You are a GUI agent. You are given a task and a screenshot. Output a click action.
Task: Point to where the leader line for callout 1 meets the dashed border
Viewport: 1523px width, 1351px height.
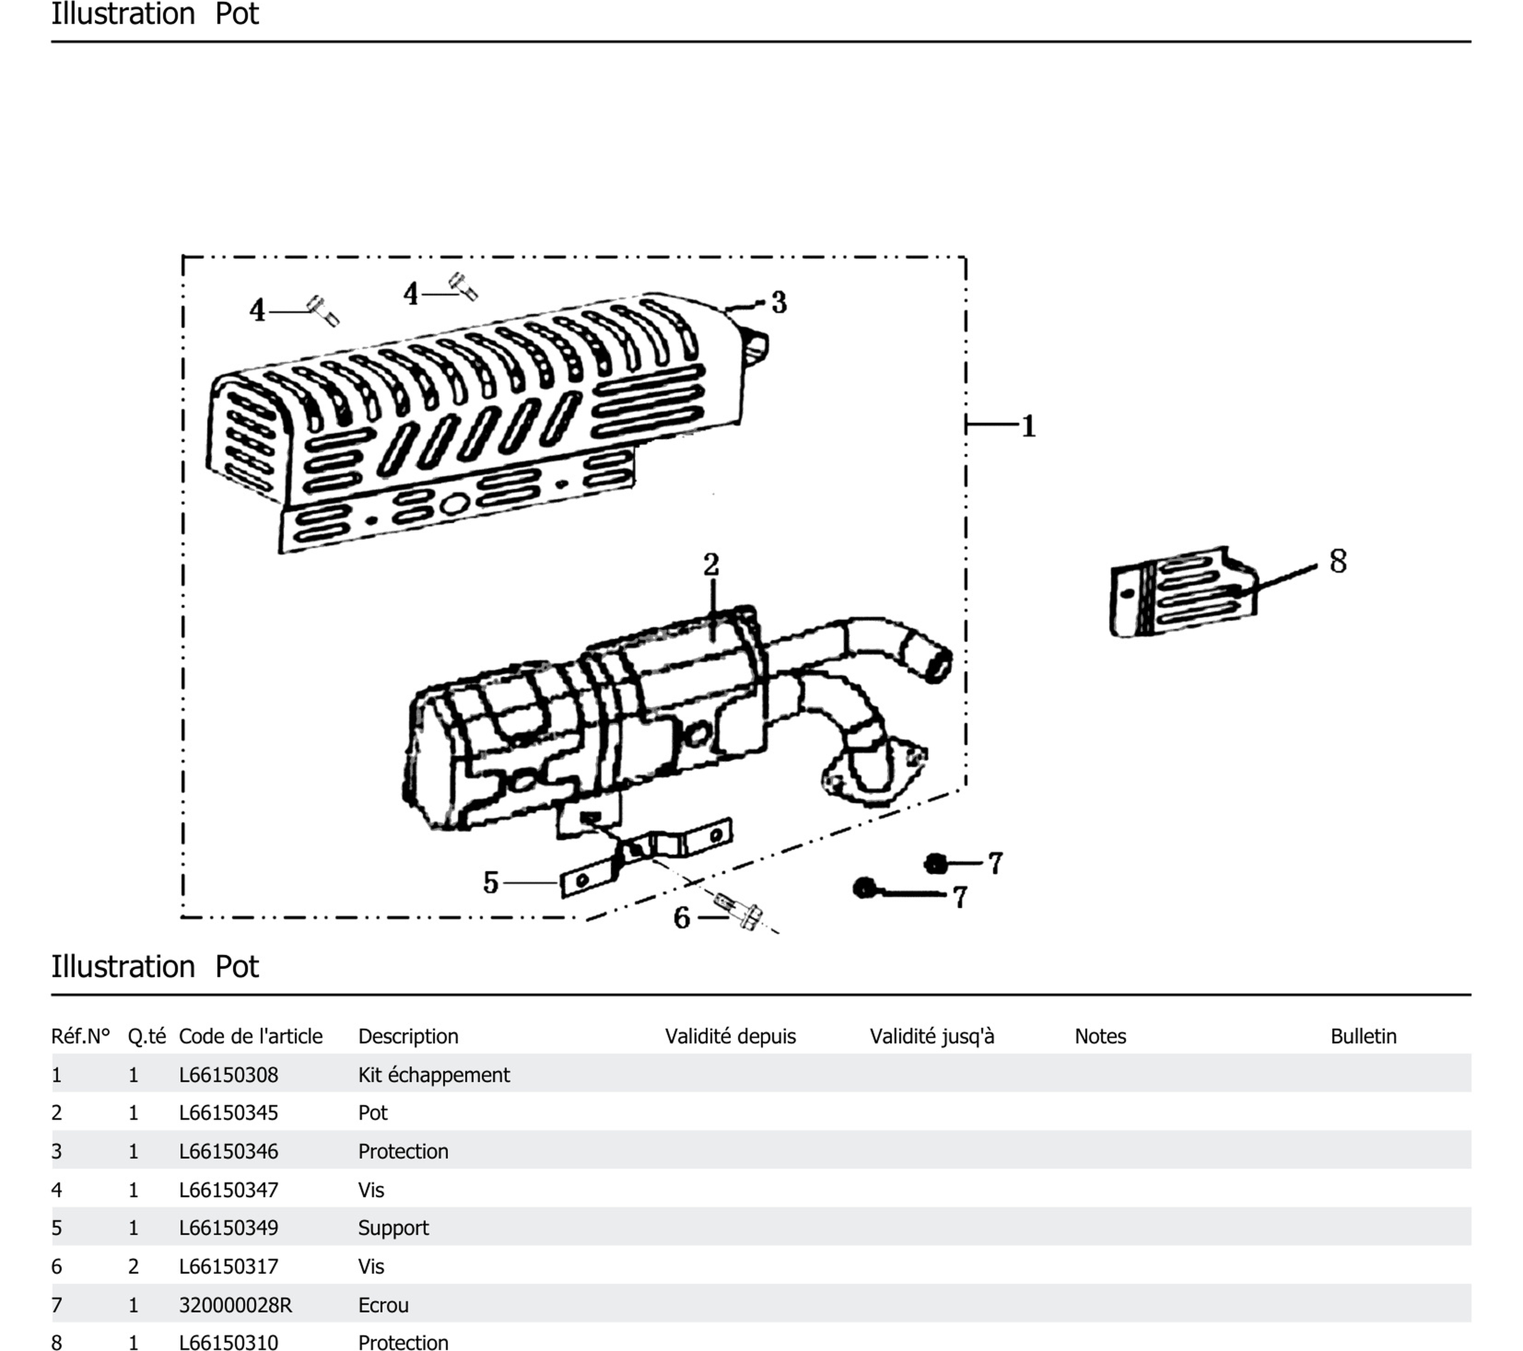(967, 425)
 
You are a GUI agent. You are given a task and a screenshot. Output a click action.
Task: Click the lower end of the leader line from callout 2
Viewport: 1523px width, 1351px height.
(712, 642)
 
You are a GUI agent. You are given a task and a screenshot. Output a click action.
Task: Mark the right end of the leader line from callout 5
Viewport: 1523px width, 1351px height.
(559, 883)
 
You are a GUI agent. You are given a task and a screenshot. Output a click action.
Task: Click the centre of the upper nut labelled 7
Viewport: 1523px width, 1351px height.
(935, 864)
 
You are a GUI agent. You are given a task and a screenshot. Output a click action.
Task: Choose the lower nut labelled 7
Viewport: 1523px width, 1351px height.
(864, 888)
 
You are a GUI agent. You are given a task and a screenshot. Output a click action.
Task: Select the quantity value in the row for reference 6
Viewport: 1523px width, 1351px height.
(134, 1266)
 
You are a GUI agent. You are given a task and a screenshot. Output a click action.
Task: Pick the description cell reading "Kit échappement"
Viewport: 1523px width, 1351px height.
(433, 1075)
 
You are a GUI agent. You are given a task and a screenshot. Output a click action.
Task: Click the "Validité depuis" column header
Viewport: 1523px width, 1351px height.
(730, 1036)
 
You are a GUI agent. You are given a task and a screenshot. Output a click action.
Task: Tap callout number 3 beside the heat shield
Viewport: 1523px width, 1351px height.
(779, 303)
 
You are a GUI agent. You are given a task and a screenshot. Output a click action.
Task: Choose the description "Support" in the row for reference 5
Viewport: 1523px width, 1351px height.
(393, 1228)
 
